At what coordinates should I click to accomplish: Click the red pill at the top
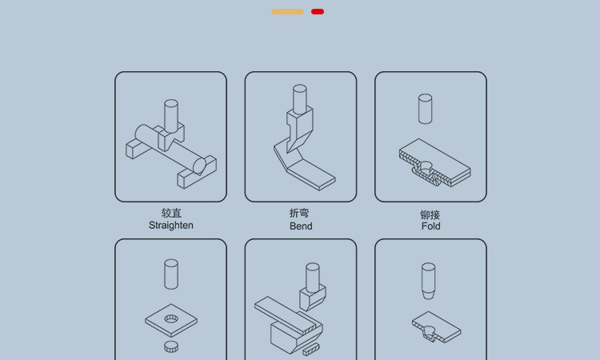[x=318, y=11]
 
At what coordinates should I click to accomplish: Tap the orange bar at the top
[x=287, y=11]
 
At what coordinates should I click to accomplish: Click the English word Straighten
[x=170, y=226]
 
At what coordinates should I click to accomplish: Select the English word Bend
[x=301, y=226]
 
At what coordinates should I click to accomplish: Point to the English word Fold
[x=431, y=226]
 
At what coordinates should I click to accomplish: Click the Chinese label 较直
[x=171, y=213]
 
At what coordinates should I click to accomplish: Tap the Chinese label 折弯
[x=299, y=213]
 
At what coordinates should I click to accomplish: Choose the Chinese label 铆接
[x=430, y=214]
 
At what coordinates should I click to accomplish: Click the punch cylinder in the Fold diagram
[x=425, y=109]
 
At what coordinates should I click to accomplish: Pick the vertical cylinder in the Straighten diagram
[x=171, y=116]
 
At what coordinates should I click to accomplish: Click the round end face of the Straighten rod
[x=199, y=166]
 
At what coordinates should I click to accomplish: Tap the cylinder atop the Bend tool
[x=300, y=99]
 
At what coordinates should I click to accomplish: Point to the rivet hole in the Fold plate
[x=426, y=166]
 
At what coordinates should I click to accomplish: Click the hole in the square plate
[x=171, y=318]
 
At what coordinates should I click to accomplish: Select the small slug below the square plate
[x=171, y=346]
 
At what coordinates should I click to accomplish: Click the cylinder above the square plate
[x=171, y=274]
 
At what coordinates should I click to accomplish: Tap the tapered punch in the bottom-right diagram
[x=428, y=281]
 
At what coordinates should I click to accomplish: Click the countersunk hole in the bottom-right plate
[x=429, y=330]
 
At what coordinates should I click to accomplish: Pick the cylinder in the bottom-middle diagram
[x=313, y=278]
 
